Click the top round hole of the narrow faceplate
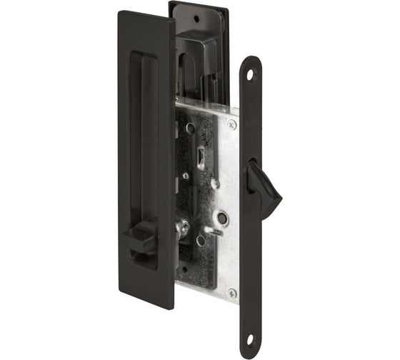tap(251, 72)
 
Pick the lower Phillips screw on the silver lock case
tap(231, 293)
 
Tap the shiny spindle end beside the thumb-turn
tap(181, 229)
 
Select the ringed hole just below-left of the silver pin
tap(201, 241)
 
